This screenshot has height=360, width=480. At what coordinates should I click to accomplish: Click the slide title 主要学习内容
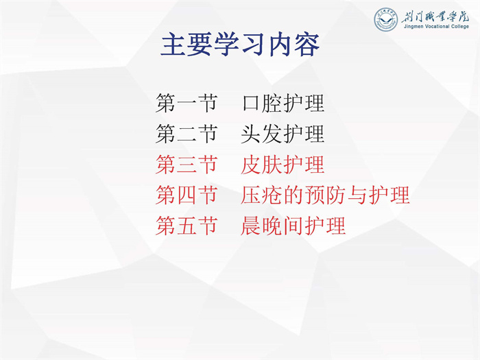click(240, 45)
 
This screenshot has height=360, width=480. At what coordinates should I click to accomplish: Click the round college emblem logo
click(386, 19)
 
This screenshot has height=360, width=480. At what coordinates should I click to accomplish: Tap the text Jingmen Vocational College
click(436, 26)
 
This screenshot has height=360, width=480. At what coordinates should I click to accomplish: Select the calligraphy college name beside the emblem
click(435, 16)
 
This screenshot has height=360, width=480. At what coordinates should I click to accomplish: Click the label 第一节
click(187, 103)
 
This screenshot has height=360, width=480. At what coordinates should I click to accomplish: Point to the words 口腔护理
click(283, 103)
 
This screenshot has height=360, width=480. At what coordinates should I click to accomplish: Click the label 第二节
click(187, 134)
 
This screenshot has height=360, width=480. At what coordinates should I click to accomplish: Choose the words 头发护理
click(283, 134)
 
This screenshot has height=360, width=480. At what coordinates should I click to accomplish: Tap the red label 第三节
click(187, 165)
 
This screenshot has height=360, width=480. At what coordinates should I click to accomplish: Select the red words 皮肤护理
click(283, 165)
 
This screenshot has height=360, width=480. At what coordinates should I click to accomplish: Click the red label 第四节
click(187, 195)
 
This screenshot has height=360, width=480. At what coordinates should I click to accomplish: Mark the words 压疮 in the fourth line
click(261, 195)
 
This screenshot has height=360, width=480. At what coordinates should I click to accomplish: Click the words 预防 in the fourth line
click(325, 195)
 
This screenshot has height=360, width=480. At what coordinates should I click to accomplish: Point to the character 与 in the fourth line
click(357, 195)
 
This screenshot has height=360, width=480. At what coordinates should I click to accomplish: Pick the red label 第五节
click(187, 226)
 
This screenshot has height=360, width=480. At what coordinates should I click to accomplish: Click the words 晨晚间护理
click(293, 226)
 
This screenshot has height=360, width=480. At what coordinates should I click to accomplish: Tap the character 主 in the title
click(173, 45)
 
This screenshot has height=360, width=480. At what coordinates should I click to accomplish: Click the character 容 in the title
click(307, 45)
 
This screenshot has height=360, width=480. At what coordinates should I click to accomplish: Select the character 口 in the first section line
click(252, 104)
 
